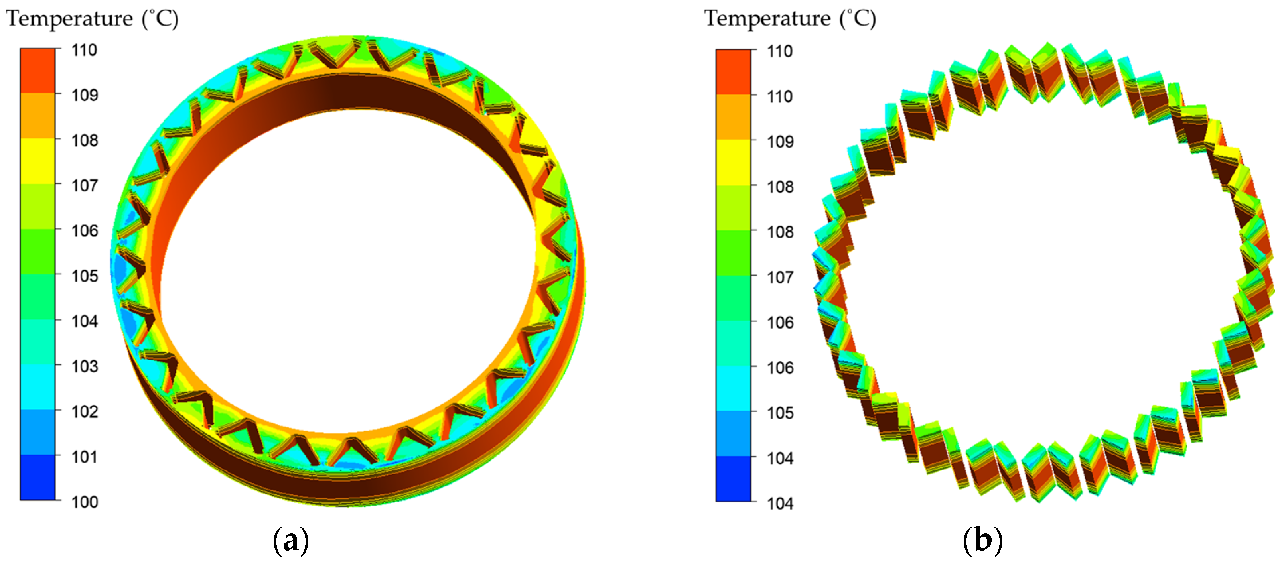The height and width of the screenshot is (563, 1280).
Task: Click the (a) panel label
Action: [291, 540]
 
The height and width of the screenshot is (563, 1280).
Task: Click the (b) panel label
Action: [982, 540]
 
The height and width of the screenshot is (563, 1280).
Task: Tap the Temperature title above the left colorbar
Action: [92, 19]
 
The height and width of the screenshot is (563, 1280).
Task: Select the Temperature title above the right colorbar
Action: [790, 19]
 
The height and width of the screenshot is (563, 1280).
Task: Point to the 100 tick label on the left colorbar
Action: [85, 502]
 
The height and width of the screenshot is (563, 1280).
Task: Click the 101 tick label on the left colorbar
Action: [85, 457]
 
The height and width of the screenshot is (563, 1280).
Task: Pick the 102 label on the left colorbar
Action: [85, 411]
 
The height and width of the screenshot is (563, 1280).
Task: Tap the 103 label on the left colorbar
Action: [85, 366]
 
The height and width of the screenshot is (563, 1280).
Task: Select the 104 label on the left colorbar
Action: [85, 321]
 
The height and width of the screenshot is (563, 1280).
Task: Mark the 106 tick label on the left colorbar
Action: [85, 230]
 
